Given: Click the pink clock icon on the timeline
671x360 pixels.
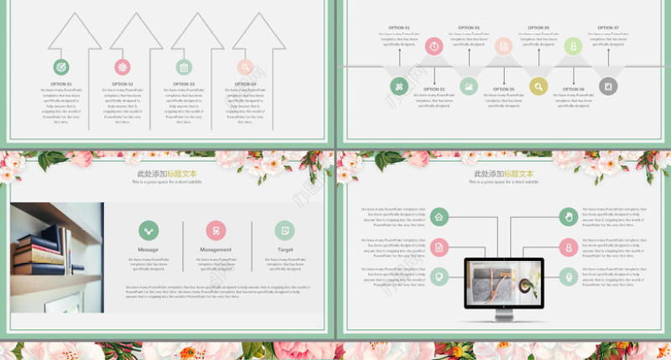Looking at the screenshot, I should coord(434,47).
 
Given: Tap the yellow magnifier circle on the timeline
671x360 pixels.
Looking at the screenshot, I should coord(538,86).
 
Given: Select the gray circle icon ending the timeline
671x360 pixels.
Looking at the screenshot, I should coord(608,86).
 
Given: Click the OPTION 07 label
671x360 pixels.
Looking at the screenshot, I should coord(607,28).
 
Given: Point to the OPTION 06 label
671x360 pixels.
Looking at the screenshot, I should coord(574,89).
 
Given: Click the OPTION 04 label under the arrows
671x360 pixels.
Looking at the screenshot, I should coord(246,84).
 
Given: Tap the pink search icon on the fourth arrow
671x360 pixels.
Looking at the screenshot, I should coord(245,67).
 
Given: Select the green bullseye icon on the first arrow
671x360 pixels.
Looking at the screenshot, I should coord(61,67).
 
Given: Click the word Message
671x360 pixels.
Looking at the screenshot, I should coord(148,250).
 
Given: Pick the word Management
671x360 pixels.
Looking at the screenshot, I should coord(216,250).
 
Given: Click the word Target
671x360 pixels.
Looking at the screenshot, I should coord(285,250).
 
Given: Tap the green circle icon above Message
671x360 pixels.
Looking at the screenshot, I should coord(148,230).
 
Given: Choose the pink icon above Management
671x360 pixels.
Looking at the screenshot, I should coord(216,230).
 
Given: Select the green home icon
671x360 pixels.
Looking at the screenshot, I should coord(440,217).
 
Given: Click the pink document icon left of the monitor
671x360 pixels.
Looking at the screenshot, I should coord(440,247).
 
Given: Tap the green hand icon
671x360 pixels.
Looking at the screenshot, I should coord(569,217).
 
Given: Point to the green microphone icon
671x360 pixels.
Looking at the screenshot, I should coord(569,276).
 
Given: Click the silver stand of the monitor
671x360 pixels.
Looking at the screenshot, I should coord(503,313).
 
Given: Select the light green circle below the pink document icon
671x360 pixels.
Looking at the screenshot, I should coord(440,276).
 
